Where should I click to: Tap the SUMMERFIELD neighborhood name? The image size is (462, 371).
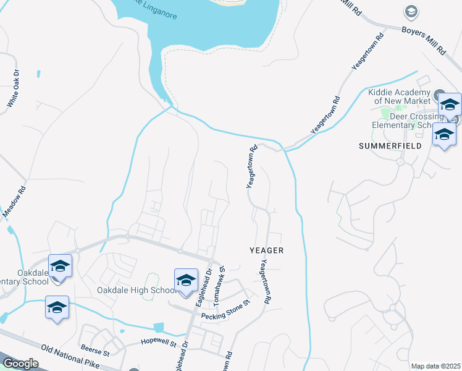(x=390, y=146)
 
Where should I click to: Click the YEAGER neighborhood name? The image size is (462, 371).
(x=266, y=250)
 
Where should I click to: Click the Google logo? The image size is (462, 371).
(x=20, y=364)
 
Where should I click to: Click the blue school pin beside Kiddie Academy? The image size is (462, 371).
(x=450, y=105)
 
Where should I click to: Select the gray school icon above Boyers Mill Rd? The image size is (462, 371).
(x=409, y=11)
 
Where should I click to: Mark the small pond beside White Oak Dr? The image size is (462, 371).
(x=38, y=74)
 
